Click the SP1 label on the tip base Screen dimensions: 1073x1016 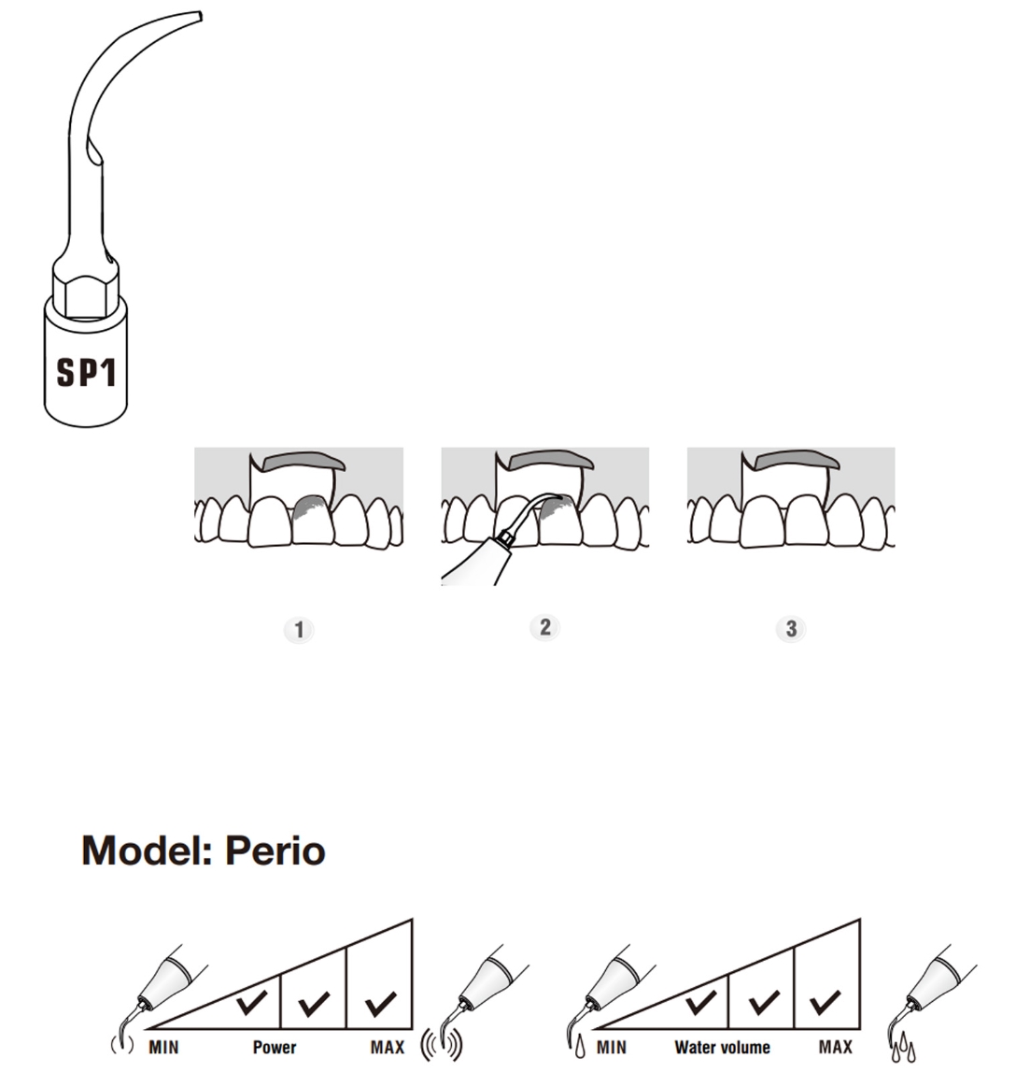click(86, 372)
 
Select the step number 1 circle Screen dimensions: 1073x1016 click(299, 630)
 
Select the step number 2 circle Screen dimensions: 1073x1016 click(545, 627)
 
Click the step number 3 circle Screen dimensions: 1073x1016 click(791, 629)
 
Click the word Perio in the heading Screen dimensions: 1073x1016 click(275, 851)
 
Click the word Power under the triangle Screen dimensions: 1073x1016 click(275, 1047)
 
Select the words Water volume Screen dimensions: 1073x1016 click(722, 1047)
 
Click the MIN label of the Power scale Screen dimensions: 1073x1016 click(163, 1047)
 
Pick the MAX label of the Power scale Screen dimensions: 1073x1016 click(387, 1047)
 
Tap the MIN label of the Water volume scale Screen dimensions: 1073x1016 click(612, 1047)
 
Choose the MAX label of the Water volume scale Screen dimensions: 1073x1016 click(835, 1047)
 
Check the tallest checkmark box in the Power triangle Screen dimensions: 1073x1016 click(380, 1005)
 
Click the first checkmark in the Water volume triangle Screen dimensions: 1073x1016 click(699, 1003)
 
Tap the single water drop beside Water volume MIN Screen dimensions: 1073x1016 click(580, 1048)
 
